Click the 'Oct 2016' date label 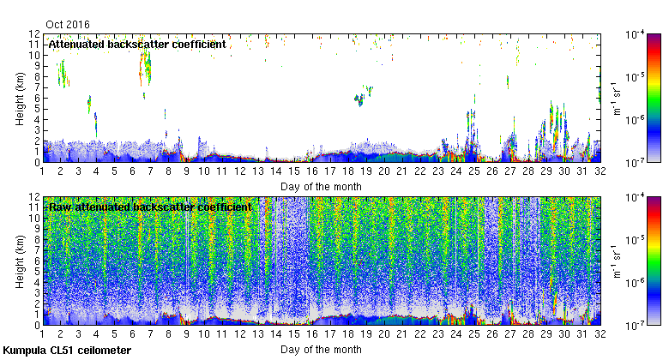point(69,25)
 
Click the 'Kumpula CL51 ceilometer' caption point(67,351)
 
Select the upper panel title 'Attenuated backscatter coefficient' point(137,44)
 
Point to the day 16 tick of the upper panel point(311,162)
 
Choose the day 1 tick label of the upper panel point(42,171)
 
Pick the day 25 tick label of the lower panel point(473,334)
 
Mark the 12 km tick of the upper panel point(42,33)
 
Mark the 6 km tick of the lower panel point(42,261)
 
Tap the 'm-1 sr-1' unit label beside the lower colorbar point(616,261)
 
